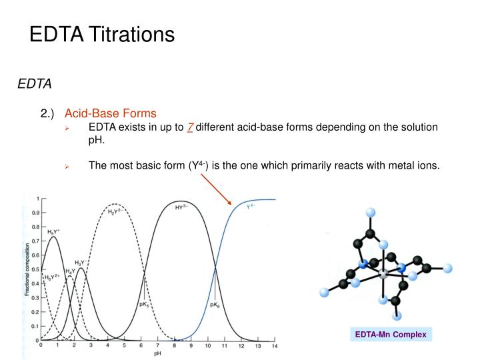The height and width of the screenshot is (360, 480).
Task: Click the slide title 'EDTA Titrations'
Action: pos(101,34)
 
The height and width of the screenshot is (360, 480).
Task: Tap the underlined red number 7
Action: pos(190,127)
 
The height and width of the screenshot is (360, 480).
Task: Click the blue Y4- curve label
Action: pos(251,207)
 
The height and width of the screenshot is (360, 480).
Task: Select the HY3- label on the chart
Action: pos(181,207)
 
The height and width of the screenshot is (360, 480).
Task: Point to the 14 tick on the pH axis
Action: pos(275,347)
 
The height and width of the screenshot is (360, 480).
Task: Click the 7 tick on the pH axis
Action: pos(158,347)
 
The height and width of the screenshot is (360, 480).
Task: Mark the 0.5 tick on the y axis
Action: pos(35,269)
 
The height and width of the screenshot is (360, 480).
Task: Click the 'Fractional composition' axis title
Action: pos(27,270)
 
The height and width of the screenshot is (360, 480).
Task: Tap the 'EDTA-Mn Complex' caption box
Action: pos(390,334)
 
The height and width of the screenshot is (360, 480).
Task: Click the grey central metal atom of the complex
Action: pos(383,274)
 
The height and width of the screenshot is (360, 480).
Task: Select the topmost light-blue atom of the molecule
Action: pos(371,213)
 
